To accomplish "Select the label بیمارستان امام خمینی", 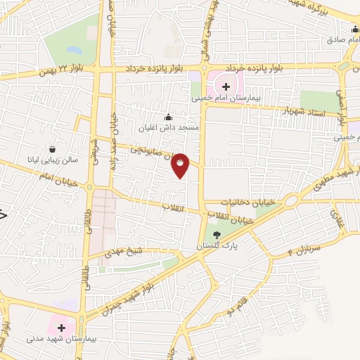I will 226,100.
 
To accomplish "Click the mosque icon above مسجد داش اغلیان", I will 168,117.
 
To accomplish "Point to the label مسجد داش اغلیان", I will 169,128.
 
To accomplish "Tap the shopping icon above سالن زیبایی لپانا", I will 53,149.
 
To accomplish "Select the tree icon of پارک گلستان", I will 217,236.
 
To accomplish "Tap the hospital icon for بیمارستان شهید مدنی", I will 60,327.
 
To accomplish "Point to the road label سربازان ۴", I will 302,250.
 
